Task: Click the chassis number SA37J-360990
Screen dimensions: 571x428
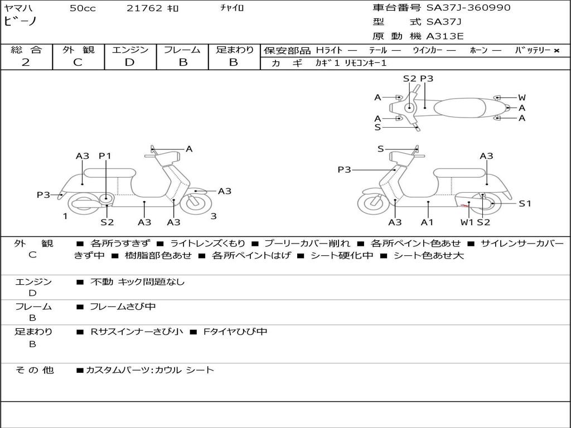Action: tap(468, 8)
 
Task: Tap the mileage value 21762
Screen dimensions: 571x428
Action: tap(144, 8)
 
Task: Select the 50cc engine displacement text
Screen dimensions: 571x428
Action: tap(83, 8)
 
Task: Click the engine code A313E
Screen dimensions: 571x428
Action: tap(445, 37)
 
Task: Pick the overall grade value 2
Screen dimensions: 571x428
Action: tap(26, 62)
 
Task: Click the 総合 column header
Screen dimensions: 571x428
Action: tap(26, 50)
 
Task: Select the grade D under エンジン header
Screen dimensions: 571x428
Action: tap(130, 62)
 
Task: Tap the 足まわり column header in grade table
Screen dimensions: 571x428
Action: tap(234, 50)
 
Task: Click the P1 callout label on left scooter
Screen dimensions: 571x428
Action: tap(105, 156)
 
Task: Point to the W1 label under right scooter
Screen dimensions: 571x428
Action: tap(467, 222)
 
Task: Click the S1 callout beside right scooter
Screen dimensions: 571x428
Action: tap(525, 203)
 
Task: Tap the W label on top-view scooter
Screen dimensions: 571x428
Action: tap(521, 98)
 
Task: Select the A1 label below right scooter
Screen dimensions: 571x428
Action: tap(427, 222)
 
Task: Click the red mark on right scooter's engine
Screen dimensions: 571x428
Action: tap(464, 207)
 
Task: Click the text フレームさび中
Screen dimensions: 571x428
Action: tap(123, 307)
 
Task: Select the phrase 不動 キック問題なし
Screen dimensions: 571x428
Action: tap(137, 282)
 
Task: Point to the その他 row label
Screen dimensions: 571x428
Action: tap(34, 370)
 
